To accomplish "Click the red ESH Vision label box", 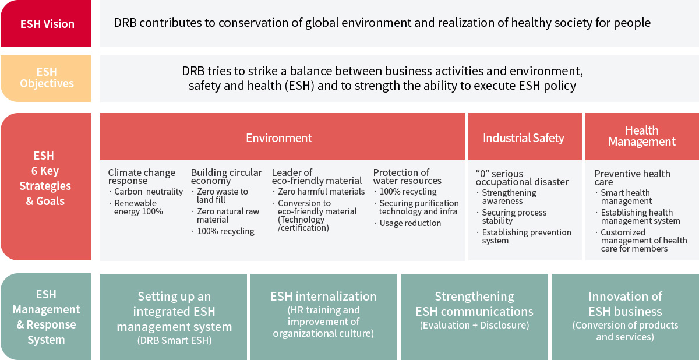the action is tap(45, 23).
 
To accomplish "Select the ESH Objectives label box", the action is tap(45, 79).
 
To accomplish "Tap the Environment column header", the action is tap(283, 137).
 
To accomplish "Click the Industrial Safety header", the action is tap(525, 137).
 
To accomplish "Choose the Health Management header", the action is tap(642, 137).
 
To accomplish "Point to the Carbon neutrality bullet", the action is tap(146, 192).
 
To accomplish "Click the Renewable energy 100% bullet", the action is tap(136, 207).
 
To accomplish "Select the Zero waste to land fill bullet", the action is tap(220, 196).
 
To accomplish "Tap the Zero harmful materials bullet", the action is tap(319, 192).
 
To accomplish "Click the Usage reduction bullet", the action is tap(408, 223).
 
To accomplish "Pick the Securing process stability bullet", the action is tap(512, 217).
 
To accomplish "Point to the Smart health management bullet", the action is tap(624, 197).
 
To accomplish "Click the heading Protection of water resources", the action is tap(407, 177).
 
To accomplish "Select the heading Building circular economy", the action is tap(227, 177).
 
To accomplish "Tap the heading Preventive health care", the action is tap(632, 178).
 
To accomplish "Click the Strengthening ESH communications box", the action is tap(474, 317).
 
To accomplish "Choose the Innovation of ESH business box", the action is tap(626, 317).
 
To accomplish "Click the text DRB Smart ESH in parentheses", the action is tap(174, 340).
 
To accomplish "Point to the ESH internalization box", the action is tap(324, 317).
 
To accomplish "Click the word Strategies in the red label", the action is tap(45, 186).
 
